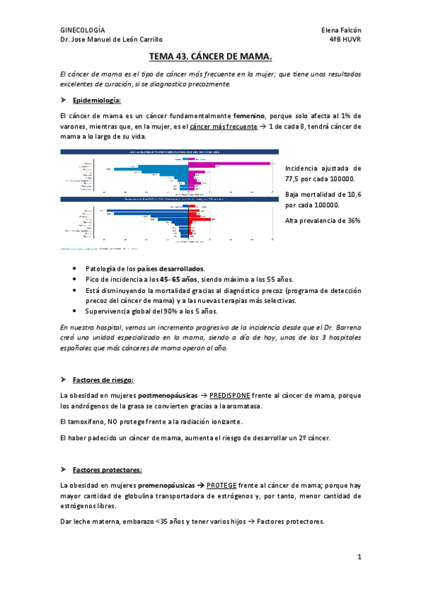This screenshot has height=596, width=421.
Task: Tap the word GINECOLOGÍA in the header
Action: click(x=83, y=30)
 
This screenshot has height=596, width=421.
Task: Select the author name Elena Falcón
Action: click(x=339, y=30)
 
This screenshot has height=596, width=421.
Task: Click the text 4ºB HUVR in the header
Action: click(x=344, y=40)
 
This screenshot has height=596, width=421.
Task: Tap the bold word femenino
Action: click(x=254, y=115)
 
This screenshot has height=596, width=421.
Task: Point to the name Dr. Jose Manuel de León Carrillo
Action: click(x=112, y=40)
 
